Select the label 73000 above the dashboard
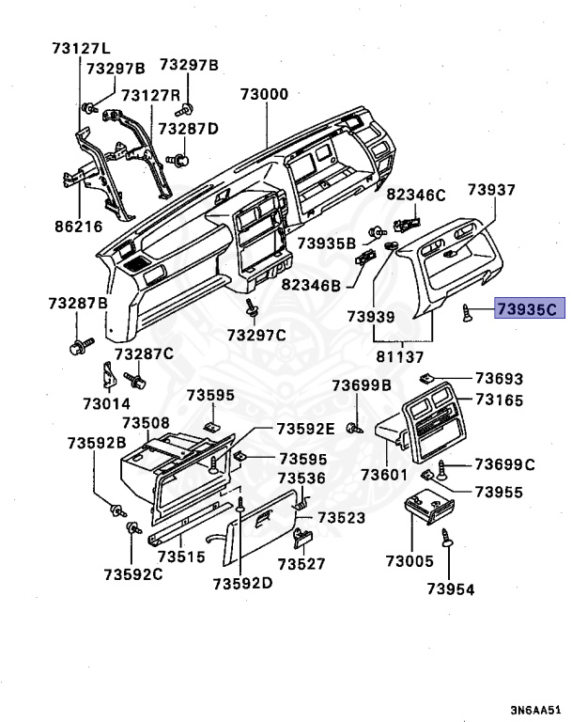coord(264,95)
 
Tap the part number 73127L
coord(80,49)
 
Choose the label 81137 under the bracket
coord(400,356)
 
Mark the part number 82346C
coord(415,195)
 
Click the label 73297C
coord(255,334)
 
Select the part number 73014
coord(106,402)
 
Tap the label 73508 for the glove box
coord(146,423)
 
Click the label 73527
coord(301,564)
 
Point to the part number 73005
coord(410,561)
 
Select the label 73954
coord(450,589)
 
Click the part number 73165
coord(497,400)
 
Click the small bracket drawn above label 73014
coord(108,376)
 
